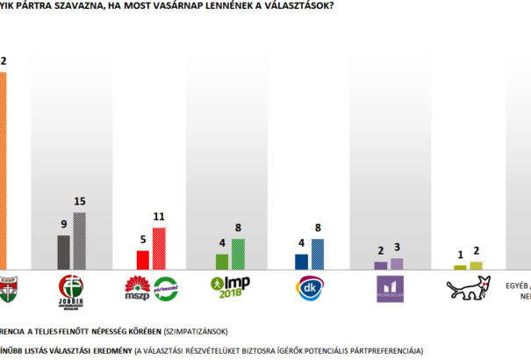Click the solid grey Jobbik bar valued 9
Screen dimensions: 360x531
tap(63, 251)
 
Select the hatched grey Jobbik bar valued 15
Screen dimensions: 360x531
tap(80, 241)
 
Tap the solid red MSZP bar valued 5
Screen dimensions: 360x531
tap(142, 259)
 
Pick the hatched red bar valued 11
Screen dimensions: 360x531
tap(159, 248)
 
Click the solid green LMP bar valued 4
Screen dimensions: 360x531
tap(222, 261)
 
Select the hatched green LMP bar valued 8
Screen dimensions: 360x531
tap(239, 254)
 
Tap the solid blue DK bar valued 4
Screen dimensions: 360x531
tap(301, 261)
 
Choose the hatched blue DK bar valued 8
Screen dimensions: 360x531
tap(318, 254)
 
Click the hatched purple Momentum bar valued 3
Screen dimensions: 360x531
tap(397, 263)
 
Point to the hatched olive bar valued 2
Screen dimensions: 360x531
tap(477, 264)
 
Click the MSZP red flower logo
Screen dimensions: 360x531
tap(139, 287)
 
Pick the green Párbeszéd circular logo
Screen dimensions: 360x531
tap(167, 288)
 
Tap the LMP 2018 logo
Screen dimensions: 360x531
tap(231, 287)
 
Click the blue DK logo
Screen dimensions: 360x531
tap(309, 287)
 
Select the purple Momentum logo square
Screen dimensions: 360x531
tap(389, 288)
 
